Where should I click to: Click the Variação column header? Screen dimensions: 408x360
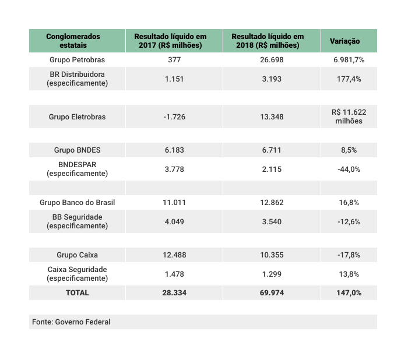coord(345,41)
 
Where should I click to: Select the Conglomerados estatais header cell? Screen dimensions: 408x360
coord(73,41)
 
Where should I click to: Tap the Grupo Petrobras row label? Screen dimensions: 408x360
coord(78,60)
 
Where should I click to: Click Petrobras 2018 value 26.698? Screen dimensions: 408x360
coord(272,60)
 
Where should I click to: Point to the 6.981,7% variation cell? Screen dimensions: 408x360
coord(349,60)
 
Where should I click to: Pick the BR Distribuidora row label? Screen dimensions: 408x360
coord(78,79)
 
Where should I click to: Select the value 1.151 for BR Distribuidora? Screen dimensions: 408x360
coord(174,79)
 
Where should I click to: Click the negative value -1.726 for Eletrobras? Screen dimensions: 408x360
coord(174,117)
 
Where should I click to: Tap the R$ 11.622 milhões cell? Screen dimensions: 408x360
coord(349,117)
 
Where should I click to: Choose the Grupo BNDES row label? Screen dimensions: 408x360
coord(78,150)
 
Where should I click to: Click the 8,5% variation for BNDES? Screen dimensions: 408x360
coord(349,150)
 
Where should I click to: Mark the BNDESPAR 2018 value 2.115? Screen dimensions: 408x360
coord(272,170)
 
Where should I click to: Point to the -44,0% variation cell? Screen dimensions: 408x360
coord(349,170)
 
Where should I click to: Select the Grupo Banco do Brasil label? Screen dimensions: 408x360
coord(78,203)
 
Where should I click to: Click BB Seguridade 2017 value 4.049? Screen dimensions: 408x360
coord(174,222)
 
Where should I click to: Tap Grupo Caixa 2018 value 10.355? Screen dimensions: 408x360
coord(272,255)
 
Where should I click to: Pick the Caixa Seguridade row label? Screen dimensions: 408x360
coord(78,274)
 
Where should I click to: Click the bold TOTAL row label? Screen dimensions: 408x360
coord(78,293)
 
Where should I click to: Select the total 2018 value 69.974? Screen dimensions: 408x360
coord(272,293)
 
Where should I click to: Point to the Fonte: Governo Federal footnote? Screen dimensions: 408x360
coord(71,322)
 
